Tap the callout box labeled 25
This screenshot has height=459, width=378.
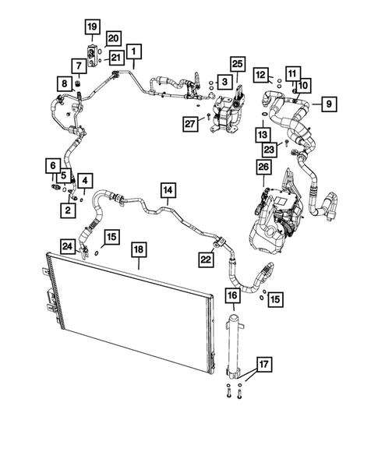237,64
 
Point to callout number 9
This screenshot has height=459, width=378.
328,103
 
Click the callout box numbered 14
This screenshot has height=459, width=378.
168,189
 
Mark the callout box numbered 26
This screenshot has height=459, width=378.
263,167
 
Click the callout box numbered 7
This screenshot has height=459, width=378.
79,65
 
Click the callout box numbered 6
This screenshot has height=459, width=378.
52,165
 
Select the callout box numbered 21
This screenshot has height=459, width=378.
116,58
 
